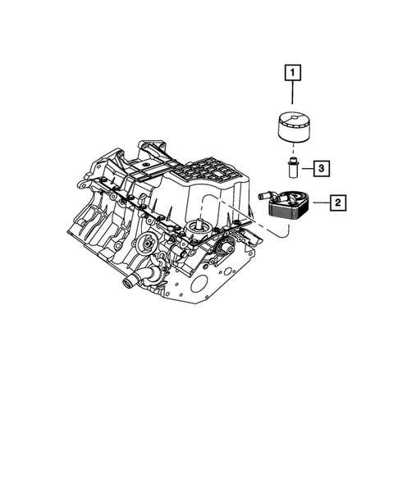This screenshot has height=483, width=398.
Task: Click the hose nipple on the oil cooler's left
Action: point(265,196)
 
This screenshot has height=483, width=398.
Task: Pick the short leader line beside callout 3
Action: point(305,169)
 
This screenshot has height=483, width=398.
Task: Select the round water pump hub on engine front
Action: point(147,244)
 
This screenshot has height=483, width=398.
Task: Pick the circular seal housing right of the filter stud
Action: point(224,249)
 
